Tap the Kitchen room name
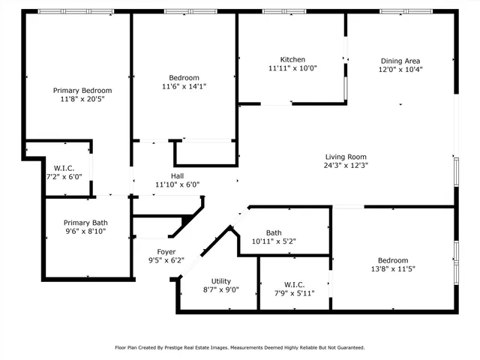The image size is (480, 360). tap(292, 60)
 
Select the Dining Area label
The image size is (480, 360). tap(400, 61)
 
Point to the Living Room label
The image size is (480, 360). tap(345, 156)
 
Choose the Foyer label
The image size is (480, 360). tap(166, 251)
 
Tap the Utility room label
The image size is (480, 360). tap(220, 280)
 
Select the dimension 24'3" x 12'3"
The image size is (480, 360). tap(345, 165)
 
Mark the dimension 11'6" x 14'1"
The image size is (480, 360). tap(184, 86)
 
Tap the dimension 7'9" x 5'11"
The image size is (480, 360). tap(294, 293)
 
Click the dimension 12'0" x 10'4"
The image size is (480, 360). tap(400, 69)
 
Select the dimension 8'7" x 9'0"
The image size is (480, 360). tap(220, 289)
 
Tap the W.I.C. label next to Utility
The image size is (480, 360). tap(294, 284)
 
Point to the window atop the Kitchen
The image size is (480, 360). tap(283, 11)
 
